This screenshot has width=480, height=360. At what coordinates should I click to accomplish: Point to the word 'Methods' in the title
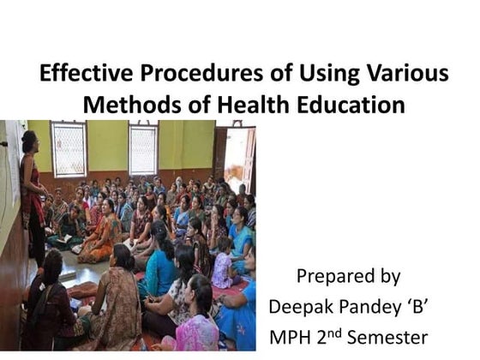(x=128, y=105)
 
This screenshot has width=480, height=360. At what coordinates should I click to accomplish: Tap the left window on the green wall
(x=69, y=148)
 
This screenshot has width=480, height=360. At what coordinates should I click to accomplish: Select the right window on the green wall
(x=143, y=148)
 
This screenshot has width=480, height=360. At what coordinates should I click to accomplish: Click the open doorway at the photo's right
(x=234, y=159)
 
